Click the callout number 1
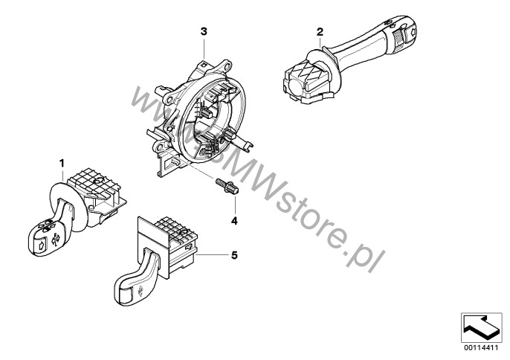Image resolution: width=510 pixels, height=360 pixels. (62, 161)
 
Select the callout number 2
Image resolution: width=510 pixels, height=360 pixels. (320, 32)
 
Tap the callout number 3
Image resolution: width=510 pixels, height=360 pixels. (203, 31)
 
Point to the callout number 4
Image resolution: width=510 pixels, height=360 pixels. (233, 221)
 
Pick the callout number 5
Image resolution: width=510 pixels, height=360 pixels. (234, 255)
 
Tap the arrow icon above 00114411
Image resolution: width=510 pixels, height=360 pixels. (481, 326)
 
